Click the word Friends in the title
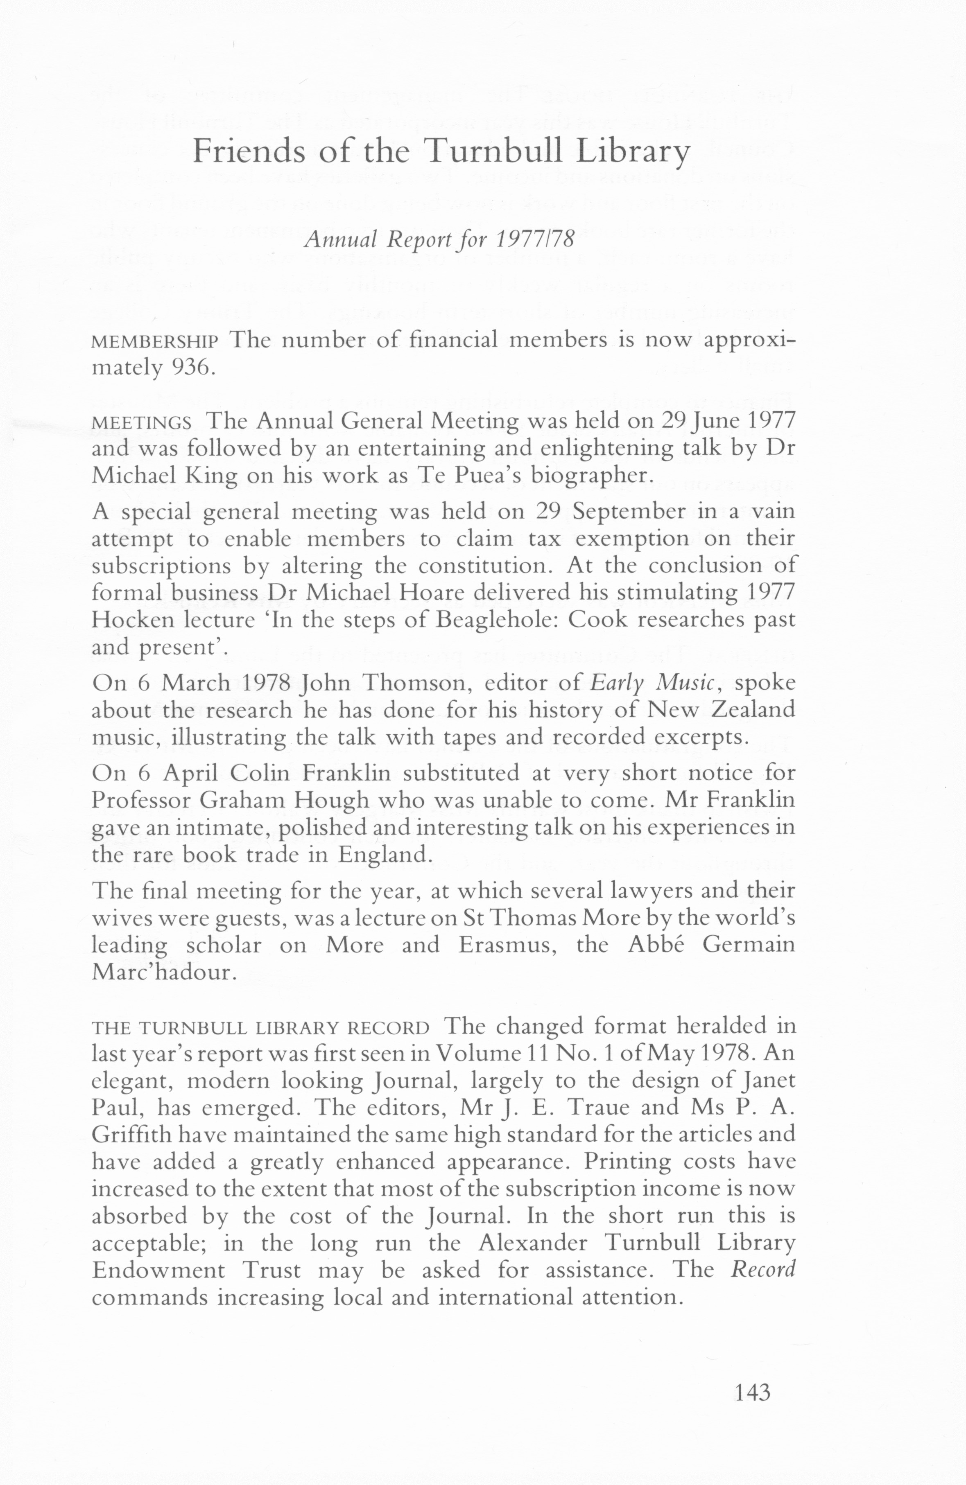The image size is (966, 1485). click(x=249, y=151)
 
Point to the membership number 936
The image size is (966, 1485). click(x=192, y=368)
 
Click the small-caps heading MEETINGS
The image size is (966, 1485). click(x=142, y=423)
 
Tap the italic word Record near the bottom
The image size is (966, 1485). click(x=763, y=1270)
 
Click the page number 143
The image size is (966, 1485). click(x=753, y=1392)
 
